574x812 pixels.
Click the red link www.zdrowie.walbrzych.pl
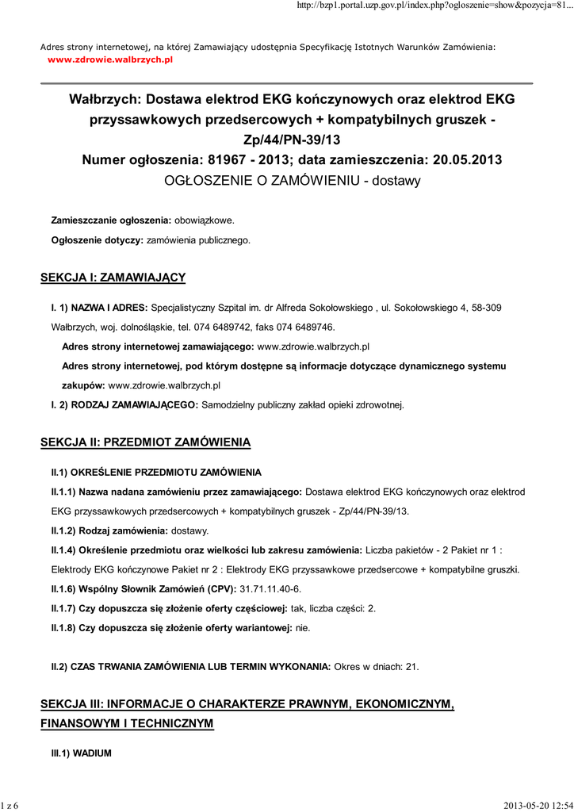[110, 59]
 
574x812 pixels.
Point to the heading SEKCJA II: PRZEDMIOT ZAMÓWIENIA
[145, 442]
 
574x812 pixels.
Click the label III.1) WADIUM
[82, 753]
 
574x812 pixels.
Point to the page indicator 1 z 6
[10, 806]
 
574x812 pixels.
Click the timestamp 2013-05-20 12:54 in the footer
[537, 806]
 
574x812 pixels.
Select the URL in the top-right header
[434, 6]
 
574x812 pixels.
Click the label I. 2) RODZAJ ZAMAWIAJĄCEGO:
[125, 405]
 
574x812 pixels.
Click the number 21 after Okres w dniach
[411, 667]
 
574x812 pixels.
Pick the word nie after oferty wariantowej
[303, 627]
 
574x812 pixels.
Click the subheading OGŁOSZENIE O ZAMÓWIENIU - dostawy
[292, 181]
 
